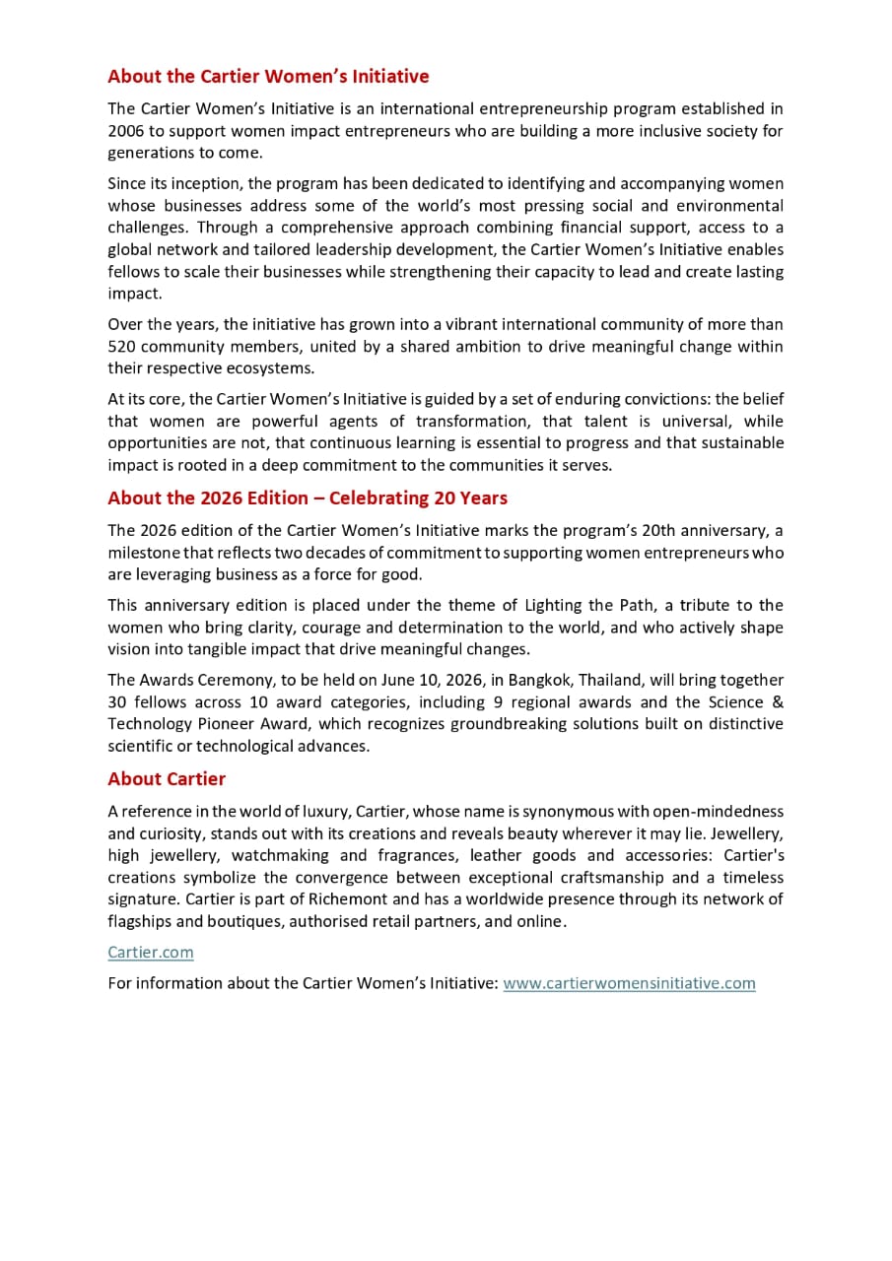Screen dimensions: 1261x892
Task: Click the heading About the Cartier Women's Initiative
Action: [268, 76]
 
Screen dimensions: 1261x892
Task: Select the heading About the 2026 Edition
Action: [308, 498]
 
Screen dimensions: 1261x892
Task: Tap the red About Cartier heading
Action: [167, 778]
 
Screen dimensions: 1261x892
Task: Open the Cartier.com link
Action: [151, 952]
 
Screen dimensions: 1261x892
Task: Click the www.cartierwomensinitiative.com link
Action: [629, 982]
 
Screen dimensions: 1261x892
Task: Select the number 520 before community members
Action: [121, 346]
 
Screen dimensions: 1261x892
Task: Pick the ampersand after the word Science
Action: [778, 701]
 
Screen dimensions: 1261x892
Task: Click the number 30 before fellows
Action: [117, 701]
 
